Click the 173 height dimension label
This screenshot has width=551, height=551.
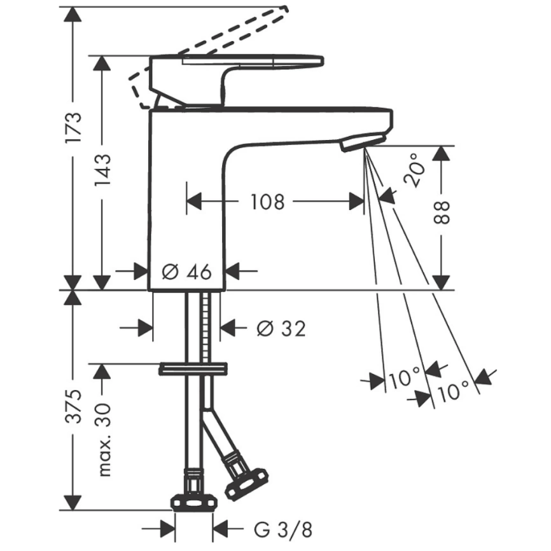pos(73,127)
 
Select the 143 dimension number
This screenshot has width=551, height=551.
pos(102,170)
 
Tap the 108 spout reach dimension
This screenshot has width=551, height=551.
pos(267,202)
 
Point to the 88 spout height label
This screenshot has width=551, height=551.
pos(442,213)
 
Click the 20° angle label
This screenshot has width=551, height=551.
pos(415,170)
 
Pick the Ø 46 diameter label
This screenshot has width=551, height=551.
pos(186,272)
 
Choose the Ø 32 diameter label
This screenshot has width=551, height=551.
pos(281,329)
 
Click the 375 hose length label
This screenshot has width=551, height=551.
pos(73,406)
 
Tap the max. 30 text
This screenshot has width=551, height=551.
pos(104,440)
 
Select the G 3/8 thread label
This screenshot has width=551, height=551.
pos(283,529)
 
